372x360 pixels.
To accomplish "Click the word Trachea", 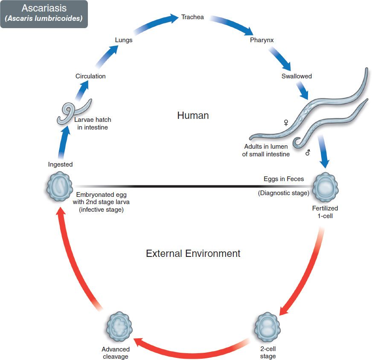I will pos(192,17).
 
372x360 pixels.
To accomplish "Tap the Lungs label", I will pos(124,40).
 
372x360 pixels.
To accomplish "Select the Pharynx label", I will pos(262,40).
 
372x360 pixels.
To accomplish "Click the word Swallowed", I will pos(296,76).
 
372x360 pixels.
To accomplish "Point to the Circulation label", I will pos(90,76).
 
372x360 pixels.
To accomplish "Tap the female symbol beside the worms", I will pos(286,123).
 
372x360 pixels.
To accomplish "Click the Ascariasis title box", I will pos(44,14).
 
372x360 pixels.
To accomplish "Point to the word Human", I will pos(193,115).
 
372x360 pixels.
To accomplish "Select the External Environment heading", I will pos(193,253).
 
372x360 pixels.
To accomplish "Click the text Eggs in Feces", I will pos(284,179).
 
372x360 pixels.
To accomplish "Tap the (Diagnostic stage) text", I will pos(283,193).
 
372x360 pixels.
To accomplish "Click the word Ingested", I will pos(60,164).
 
